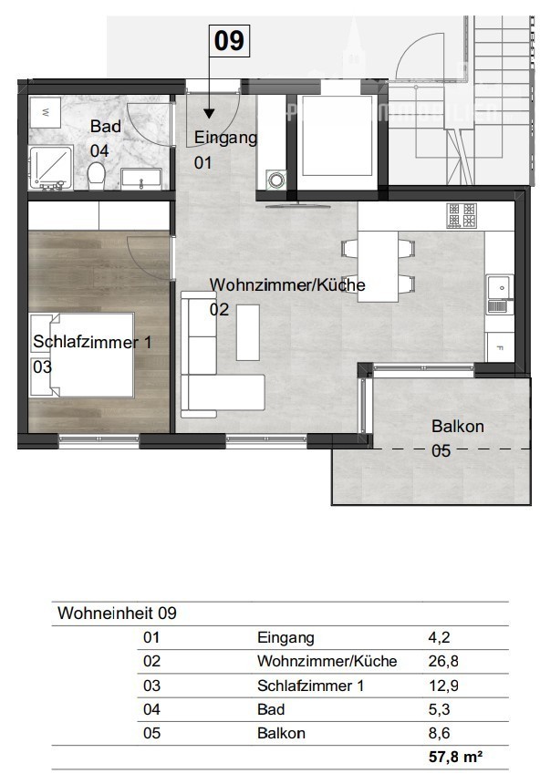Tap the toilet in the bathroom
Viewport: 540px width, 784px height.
(x=97, y=172)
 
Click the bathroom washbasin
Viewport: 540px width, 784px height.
(x=140, y=180)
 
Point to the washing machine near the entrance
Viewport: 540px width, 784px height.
(x=275, y=180)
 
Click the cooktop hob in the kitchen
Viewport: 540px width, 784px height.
(x=461, y=215)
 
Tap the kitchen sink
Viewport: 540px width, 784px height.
(x=498, y=288)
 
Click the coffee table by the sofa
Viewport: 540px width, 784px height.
(x=248, y=331)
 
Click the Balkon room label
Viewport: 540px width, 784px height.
(x=458, y=427)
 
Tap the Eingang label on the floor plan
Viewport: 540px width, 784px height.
(x=226, y=139)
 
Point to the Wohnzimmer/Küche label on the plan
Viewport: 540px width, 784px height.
(x=287, y=285)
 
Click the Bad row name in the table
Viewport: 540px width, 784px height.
(x=271, y=709)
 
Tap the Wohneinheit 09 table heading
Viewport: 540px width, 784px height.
(x=117, y=614)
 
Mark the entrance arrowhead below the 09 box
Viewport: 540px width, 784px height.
(x=209, y=114)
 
